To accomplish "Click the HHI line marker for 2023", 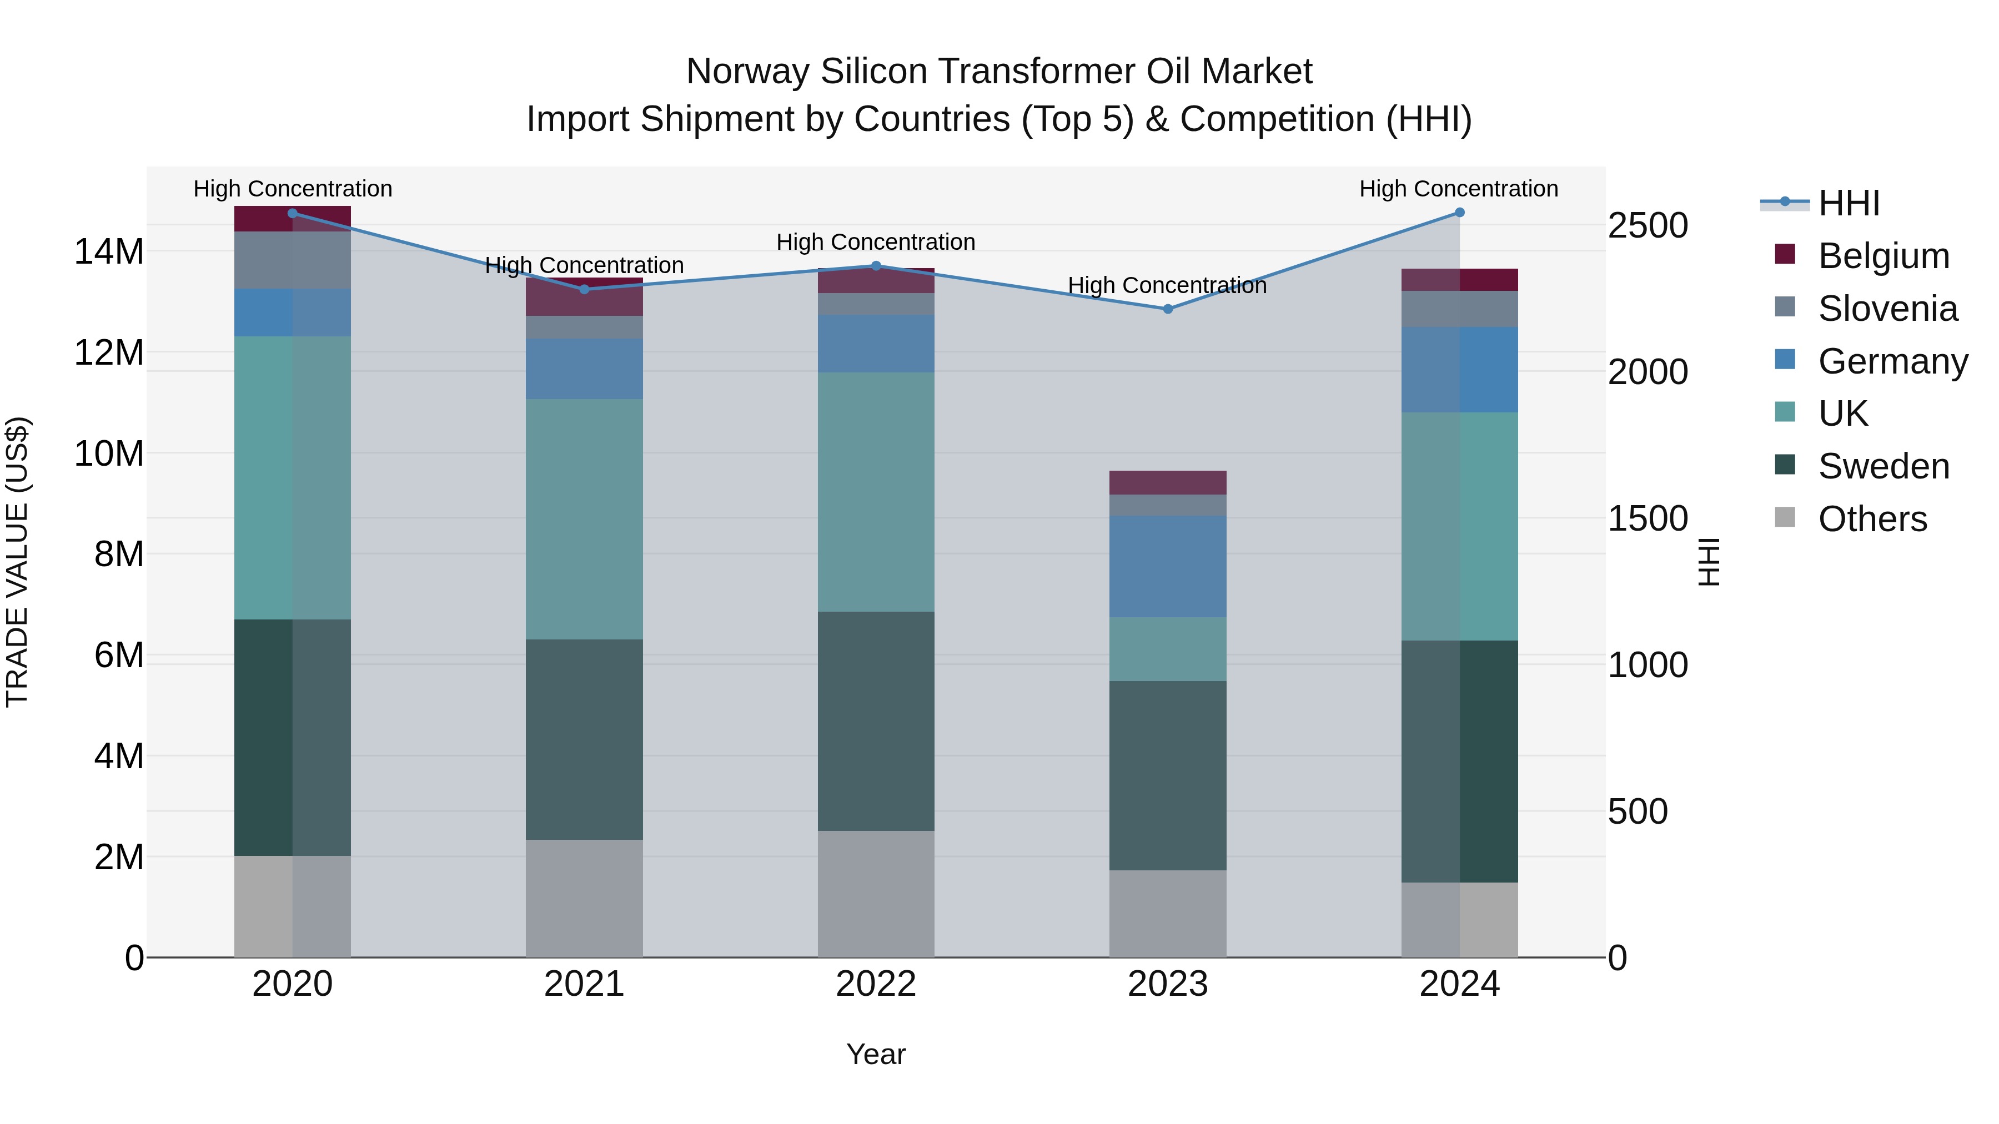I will [1167, 309].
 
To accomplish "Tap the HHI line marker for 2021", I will [584, 289].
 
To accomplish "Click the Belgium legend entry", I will [1882, 256].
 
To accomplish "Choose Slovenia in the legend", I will [1887, 309].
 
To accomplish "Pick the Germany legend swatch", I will [1785, 360].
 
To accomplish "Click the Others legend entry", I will [1872, 519].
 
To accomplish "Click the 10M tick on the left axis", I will [109, 453].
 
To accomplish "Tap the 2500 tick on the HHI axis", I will [1648, 226].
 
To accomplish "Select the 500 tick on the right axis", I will [1638, 812].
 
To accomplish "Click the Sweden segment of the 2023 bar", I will [1167, 776].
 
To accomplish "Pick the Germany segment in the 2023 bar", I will [1167, 566].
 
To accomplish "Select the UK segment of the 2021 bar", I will [584, 519].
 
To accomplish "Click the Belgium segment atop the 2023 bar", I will [1167, 482].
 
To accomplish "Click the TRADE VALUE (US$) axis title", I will [17, 562].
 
